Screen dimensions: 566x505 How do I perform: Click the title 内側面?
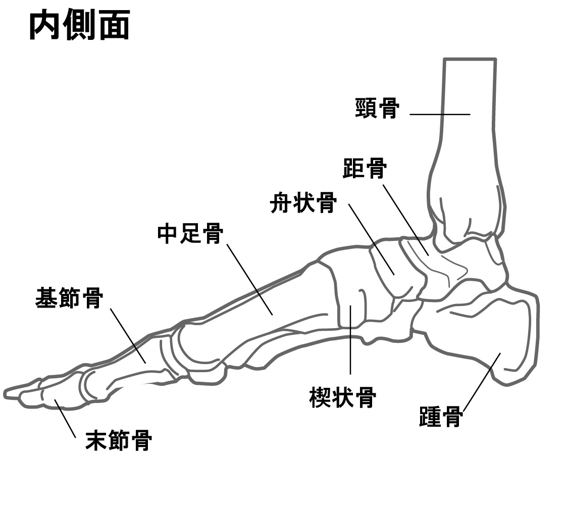point(79,25)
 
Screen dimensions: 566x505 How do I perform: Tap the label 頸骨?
point(377,108)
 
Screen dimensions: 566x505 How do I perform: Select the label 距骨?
point(365,168)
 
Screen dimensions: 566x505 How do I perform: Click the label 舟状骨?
point(303,203)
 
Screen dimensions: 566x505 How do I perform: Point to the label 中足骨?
point(190,233)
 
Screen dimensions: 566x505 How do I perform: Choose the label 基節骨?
point(69,298)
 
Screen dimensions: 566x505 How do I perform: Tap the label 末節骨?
point(118,440)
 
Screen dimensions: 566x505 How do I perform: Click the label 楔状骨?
point(342,397)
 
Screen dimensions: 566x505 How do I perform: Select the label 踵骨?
point(441,417)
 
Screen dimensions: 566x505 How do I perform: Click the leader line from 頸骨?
point(440,115)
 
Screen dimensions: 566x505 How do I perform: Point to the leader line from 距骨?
point(406,220)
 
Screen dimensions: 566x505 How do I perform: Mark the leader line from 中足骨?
point(250,280)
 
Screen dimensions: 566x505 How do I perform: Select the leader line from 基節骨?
point(128,336)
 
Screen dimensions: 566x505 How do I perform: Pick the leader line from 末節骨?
point(65,418)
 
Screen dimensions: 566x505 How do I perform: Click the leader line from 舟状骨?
point(372,239)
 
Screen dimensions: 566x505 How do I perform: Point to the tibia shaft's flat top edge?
point(470,59)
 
